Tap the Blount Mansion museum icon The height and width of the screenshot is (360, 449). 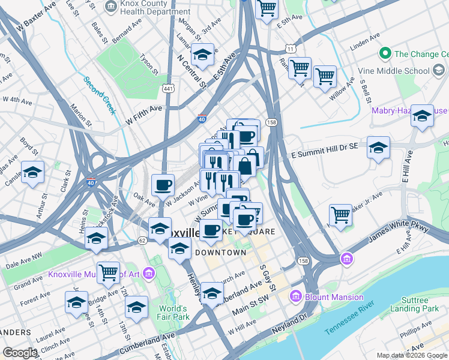(295, 296)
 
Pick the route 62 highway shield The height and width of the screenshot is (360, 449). (142, 240)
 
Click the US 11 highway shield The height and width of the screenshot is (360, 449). (291, 48)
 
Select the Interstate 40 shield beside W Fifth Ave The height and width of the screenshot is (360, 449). (203, 120)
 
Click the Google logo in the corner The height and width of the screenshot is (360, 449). (20, 353)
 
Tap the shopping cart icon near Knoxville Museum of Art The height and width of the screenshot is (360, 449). (109, 272)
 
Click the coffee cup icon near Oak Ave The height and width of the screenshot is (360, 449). (163, 185)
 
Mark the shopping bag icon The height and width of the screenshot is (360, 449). (245, 165)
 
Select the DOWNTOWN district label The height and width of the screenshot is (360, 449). (220, 253)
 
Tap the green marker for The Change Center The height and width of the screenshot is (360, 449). (386, 54)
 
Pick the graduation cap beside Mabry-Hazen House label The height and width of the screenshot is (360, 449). (422, 116)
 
